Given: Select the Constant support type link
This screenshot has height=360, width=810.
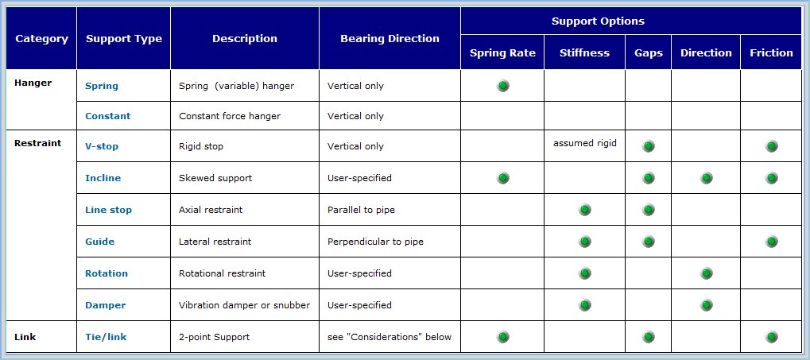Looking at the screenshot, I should tap(107, 116).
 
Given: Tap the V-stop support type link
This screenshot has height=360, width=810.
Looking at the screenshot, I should tap(102, 146).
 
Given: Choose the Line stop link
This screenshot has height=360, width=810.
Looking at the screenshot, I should tap(108, 210).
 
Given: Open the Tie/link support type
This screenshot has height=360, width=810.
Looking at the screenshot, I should tap(106, 337).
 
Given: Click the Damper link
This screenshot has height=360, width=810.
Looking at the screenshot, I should tap(105, 305).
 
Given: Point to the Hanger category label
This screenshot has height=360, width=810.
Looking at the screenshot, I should tap(33, 83).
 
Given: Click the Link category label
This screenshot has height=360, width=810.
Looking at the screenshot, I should tap(25, 337).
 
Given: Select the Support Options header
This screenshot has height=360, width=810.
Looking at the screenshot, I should tap(631, 21).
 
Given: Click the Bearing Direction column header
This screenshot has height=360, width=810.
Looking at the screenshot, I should tap(389, 38).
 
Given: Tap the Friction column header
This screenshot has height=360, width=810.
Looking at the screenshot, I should tap(771, 52).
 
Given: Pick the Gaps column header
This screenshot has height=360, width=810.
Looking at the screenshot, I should tap(649, 52).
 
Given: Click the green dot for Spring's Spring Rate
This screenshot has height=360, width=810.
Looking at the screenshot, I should tap(503, 86).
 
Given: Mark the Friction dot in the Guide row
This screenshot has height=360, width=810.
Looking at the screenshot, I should tap(772, 242).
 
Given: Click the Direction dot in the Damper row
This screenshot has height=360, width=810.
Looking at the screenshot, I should tap(707, 305).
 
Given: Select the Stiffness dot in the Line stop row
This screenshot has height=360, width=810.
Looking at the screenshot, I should tap(585, 210).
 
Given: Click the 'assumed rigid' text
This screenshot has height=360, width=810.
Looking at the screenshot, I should tap(585, 143).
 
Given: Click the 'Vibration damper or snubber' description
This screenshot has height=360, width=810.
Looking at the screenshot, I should tap(244, 305).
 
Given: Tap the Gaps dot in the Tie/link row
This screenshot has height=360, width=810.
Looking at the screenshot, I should tap(649, 337).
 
